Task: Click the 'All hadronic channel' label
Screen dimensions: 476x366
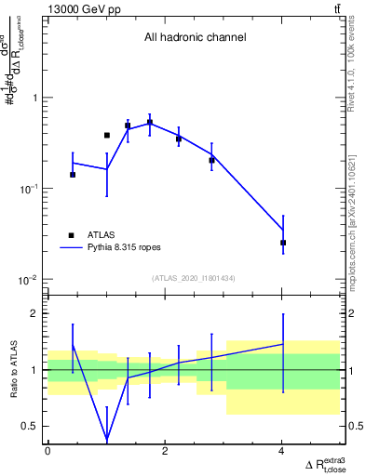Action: coord(195,38)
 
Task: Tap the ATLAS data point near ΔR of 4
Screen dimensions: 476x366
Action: coord(283,243)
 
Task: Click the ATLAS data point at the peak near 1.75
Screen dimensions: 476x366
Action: coord(150,122)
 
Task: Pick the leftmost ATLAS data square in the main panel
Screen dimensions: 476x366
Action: coord(73,175)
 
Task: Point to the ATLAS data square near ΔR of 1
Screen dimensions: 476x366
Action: coord(107,136)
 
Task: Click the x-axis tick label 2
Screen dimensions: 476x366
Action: coord(165,452)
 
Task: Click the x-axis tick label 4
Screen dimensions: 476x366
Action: coord(282,452)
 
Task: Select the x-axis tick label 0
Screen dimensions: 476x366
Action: coord(47,452)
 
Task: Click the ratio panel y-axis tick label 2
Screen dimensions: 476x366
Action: coord(34,313)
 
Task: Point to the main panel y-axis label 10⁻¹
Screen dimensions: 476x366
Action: coord(27,189)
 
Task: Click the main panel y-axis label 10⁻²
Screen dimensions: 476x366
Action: coord(27,280)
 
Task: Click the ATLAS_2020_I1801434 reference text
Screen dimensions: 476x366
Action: coord(194,279)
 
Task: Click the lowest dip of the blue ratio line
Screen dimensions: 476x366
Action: coord(107,438)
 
